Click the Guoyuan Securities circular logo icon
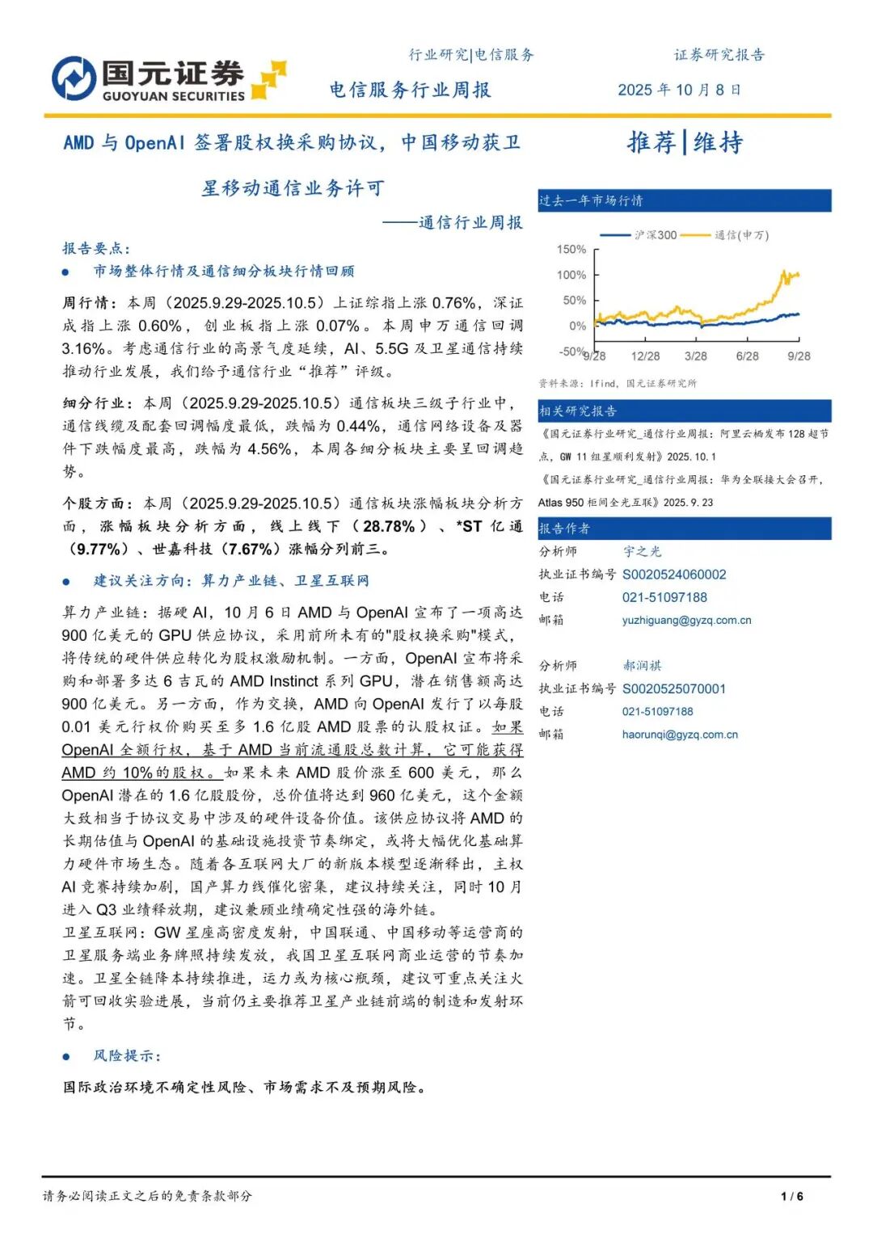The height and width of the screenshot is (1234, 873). point(74,78)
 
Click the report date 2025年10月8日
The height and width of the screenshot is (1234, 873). point(679,90)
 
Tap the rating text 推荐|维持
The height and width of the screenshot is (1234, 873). point(685,142)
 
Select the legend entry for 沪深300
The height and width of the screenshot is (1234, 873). point(638,235)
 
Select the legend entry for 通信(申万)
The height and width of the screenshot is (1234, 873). point(724,235)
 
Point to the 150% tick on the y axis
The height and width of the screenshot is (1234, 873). point(571,250)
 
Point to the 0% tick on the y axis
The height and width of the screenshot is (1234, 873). point(577,326)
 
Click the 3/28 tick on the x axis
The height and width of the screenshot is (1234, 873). point(695,356)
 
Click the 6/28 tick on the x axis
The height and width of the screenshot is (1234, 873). point(747,356)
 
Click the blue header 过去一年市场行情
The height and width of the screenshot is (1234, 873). point(591,200)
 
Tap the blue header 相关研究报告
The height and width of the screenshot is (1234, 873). point(578,411)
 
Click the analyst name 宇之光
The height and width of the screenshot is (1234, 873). point(642,551)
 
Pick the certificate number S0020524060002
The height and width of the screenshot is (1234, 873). point(674,575)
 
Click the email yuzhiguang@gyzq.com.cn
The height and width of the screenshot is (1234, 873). point(686,620)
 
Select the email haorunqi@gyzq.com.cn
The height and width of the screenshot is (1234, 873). point(680,735)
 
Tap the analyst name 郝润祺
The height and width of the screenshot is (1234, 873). point(642,666)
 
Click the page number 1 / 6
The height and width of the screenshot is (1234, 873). point(791,1196)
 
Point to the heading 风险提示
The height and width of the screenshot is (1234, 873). point(127,1055)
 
